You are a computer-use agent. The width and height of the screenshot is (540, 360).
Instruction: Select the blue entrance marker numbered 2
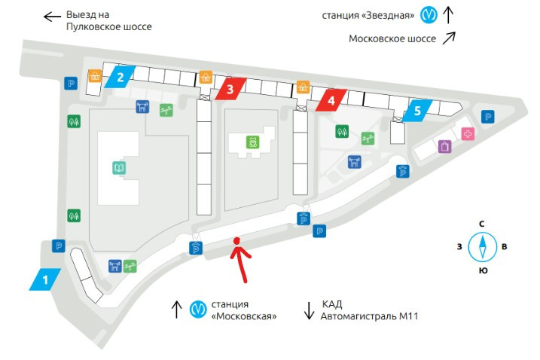(120, 76)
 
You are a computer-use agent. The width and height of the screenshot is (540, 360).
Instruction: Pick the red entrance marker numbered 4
(331, 99)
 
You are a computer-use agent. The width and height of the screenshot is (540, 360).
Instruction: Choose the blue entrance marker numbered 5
(416, 110)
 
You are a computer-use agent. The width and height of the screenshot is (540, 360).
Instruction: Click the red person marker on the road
(237, 243)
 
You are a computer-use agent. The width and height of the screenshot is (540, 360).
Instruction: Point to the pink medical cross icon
(468, 134)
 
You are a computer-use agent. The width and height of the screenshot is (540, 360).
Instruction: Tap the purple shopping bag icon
(444, 146)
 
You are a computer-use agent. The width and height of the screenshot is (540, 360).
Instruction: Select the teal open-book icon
(119, 168)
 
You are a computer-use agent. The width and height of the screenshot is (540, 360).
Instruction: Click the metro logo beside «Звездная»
(429, 14)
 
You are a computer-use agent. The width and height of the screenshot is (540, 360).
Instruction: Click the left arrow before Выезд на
(51, 16)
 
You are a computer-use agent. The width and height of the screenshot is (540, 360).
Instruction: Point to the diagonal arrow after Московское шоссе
(449, 38)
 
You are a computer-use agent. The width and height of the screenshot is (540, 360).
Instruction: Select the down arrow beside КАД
(309, 310)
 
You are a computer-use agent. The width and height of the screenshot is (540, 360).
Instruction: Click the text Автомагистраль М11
(370, 316)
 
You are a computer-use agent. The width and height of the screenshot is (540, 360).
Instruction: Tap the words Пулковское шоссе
(109, 27)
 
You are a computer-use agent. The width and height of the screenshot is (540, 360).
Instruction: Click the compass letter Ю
(481, 270)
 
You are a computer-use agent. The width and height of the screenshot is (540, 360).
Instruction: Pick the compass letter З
(459, 246)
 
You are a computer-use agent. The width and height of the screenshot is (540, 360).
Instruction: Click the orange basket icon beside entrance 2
(96, 75)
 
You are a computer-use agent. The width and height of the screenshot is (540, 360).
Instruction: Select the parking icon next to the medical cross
(488, 116)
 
